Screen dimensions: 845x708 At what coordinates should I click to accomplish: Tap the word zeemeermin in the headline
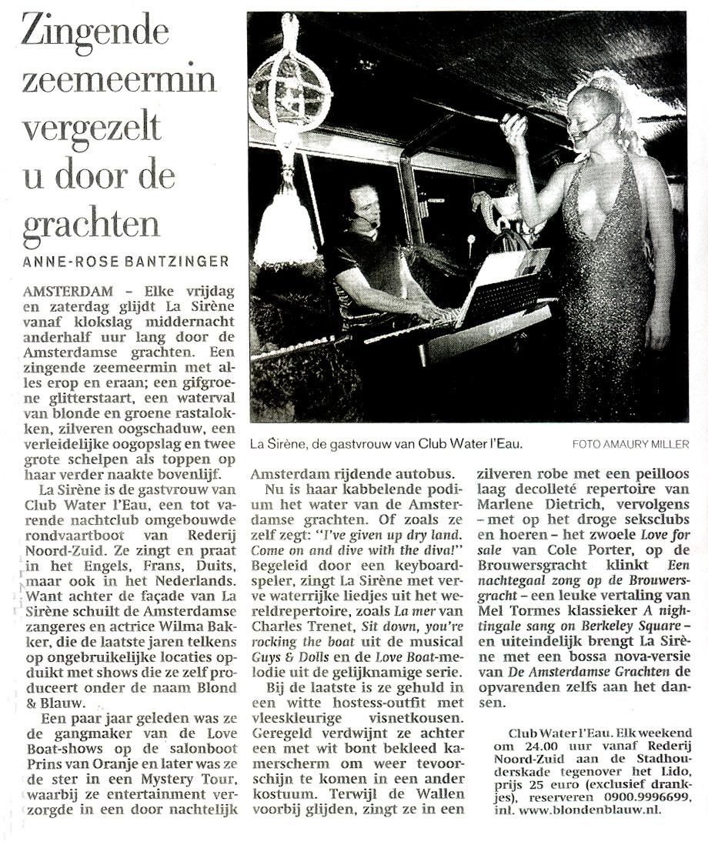pos(119,79)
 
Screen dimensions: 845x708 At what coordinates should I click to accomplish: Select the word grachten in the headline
pos(91,222)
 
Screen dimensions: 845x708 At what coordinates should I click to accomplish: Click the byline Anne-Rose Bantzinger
pos(125,262)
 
